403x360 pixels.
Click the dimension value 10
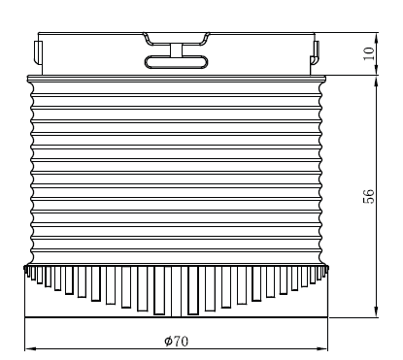point(369,53)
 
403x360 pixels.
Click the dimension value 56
point(369,196)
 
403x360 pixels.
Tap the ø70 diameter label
point(177,341)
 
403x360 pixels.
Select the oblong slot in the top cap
point(176,62)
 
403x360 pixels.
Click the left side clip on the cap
point(38,52)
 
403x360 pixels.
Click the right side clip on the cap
point(315,52)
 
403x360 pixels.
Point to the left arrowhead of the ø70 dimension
point(30,349)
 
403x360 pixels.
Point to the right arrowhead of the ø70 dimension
point(322,349)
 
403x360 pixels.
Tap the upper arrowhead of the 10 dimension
point(376,38)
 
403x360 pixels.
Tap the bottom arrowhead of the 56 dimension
point(376,311)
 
